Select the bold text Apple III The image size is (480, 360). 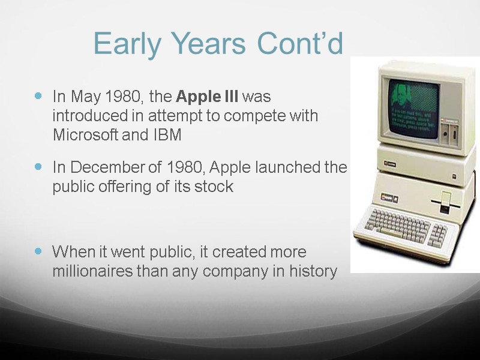(207, 96)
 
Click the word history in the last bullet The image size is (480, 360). (311, 271)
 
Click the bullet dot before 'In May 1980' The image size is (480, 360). (40, 95)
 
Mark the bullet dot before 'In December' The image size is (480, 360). (40, 166)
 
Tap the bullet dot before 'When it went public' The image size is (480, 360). (40, 250)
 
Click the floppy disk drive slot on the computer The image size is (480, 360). (445, 202)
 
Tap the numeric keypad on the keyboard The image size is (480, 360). (439, 232)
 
